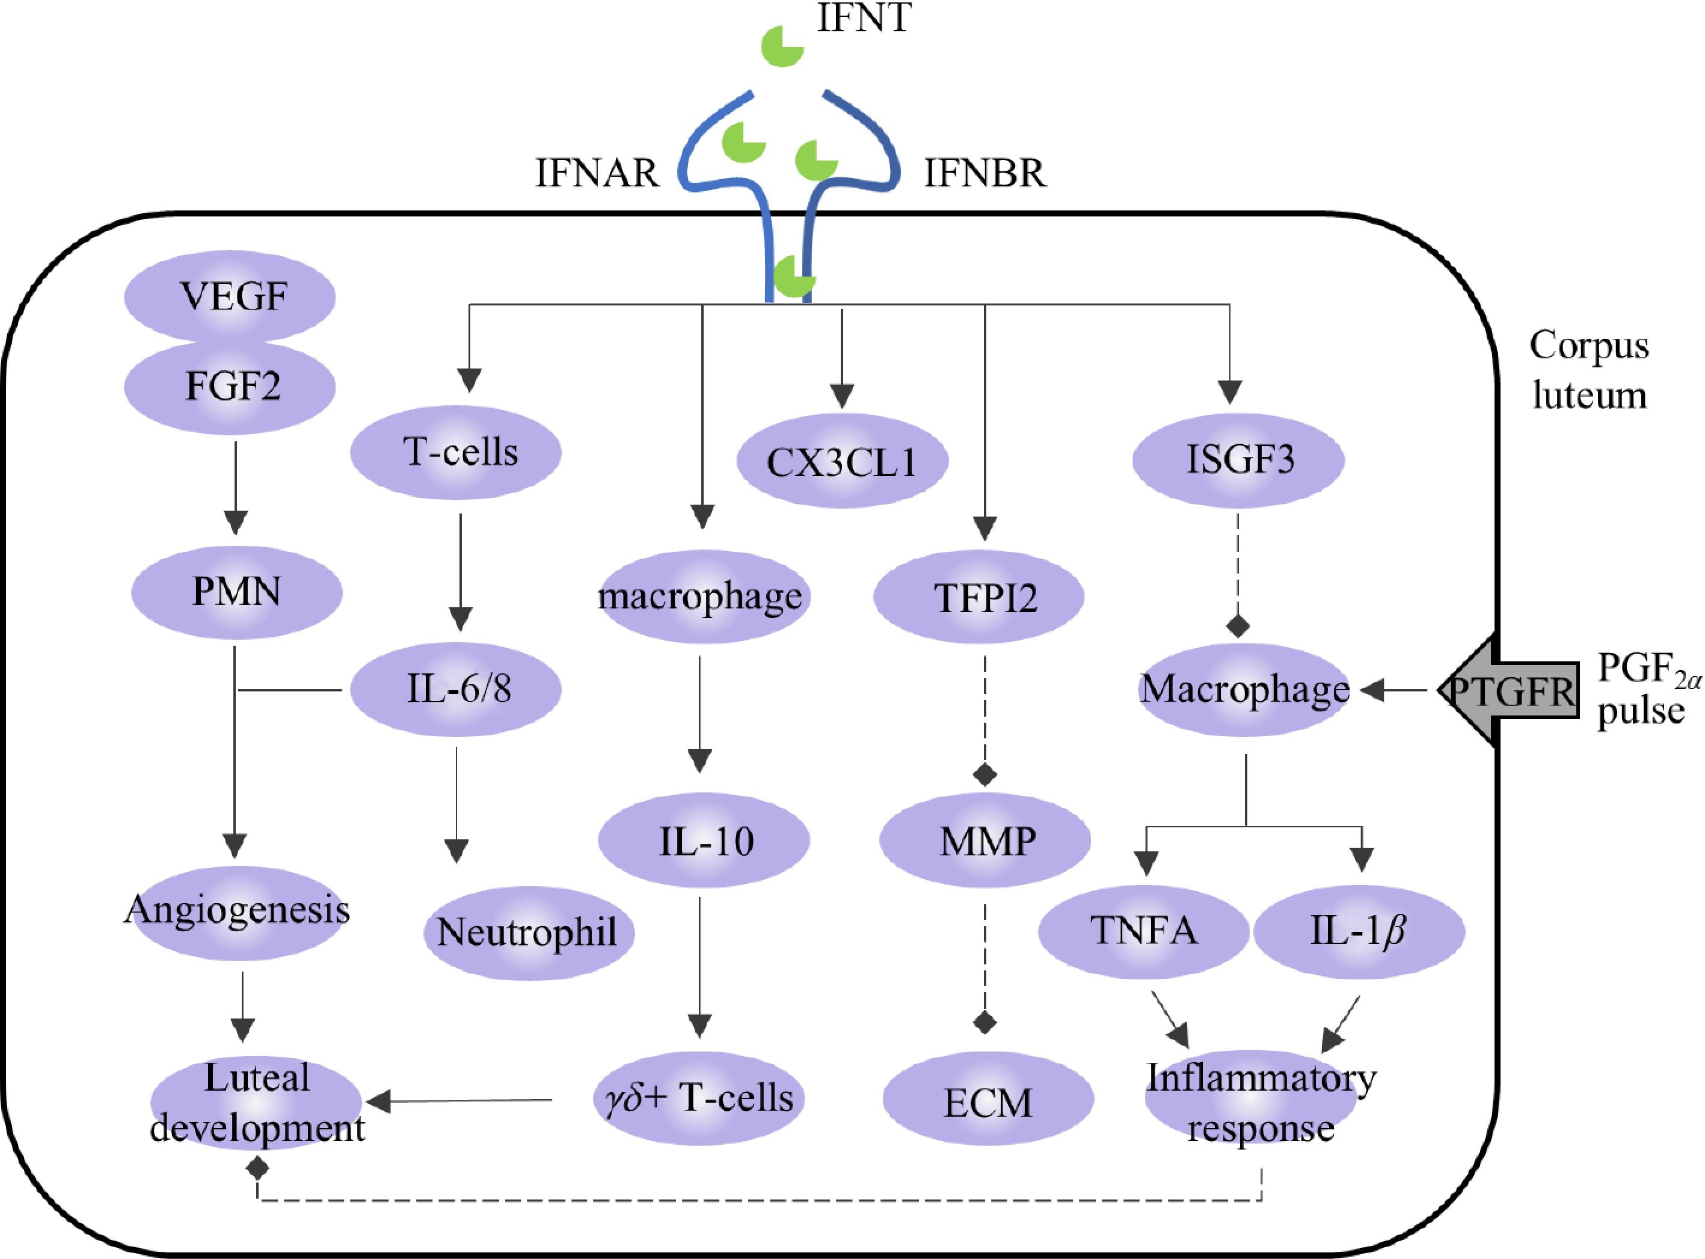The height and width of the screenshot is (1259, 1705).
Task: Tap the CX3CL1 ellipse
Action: (x=842, y=461)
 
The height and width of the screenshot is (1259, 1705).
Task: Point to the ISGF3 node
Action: (x=1238, y=459)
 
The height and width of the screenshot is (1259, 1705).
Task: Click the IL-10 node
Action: (x=704, y=841)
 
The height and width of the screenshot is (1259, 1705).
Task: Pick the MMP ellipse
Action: (x=985, y=841)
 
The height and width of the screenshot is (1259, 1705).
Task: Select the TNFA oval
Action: (x=1143, y=931)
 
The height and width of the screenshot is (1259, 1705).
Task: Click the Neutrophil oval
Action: (x=529, y=933)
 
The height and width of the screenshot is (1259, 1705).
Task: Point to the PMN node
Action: (x=236, y=592)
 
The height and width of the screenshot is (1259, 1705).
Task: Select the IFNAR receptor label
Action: (x=597, y=173)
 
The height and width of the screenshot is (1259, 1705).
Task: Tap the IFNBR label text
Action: (x=985, y=173)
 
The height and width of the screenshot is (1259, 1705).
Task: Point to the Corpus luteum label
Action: (x=1589, y=370)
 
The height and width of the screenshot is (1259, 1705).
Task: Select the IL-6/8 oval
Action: (x=456, y=689)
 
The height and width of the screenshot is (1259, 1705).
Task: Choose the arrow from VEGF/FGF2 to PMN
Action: (x=236, y=488)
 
